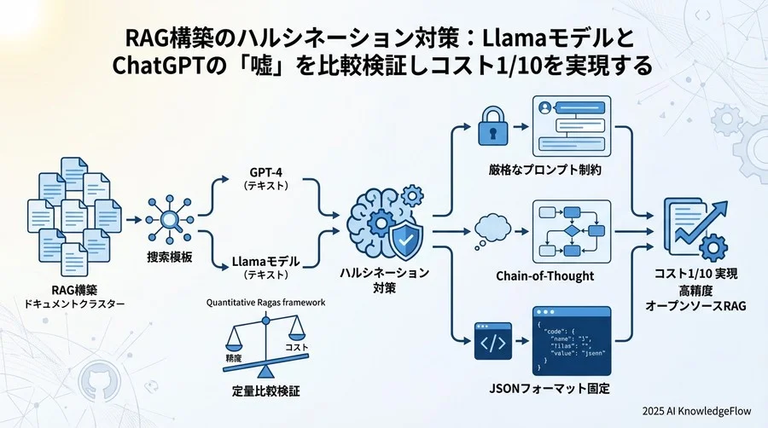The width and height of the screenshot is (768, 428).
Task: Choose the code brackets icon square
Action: pyautogui.click(x=493, y=342)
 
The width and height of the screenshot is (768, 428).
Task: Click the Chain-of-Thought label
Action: pyautogui.click(x=545, y=276)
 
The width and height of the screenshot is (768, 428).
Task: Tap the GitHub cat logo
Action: pyautogui.click(x=93, y=385)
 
